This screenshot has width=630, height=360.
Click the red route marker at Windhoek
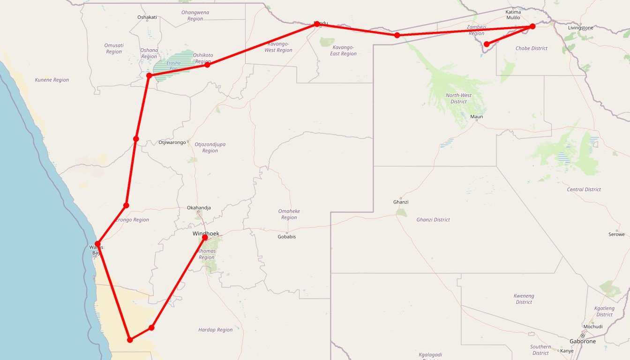point(205,237)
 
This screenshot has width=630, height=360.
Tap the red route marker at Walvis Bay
point(97,243)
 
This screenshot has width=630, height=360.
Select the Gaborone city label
point(582,342)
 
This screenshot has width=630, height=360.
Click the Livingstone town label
point(580,28)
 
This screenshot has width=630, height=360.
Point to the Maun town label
point(476,117)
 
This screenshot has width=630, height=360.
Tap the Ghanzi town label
point(401,202)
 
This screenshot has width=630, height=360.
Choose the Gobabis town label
point(287,237)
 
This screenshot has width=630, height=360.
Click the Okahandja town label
point(199,208)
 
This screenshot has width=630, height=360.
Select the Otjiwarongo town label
point(172,142)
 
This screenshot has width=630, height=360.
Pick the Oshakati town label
point(147,17)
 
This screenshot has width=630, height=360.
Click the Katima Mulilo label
point(513,15)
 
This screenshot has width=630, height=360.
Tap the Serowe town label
point(616,234)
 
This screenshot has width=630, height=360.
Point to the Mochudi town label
point(593,327)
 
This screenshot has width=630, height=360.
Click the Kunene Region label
point(52,80)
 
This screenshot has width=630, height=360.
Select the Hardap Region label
point(215,330)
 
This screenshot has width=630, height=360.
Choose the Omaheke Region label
point(289,214)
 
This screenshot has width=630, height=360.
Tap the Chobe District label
point(531,48)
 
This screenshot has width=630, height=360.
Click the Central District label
point(584,190)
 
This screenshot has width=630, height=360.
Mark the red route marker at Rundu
point(317,24)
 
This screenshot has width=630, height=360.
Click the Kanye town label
point(567,351)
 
